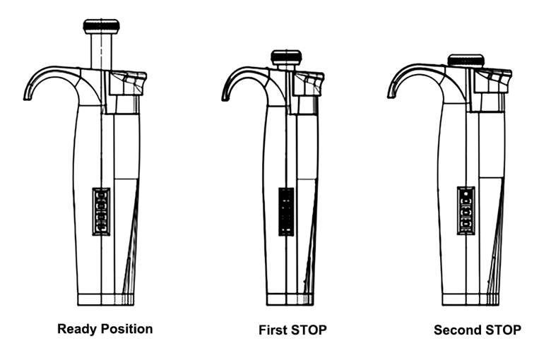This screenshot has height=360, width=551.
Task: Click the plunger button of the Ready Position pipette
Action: [x=101, y=26]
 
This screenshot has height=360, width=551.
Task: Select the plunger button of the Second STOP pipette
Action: [x=466, y=61]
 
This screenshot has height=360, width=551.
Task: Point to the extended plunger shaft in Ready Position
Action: [x=102, y=50]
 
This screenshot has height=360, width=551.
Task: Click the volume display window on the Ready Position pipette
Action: [x=101, y=211]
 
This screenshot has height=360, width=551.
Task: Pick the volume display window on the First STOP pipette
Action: [x=286, y=211]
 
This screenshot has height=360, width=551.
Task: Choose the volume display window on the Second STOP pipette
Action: [x=466, y=210]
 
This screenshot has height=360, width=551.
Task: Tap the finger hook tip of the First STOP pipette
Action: [x=225, y=96]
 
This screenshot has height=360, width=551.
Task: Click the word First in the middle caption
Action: [x=273, y=330]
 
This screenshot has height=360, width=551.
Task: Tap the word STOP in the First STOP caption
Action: [x=309, y=330]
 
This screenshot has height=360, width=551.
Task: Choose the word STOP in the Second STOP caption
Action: [x=503, y=330]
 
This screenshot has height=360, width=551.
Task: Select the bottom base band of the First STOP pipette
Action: [x=290, y=299]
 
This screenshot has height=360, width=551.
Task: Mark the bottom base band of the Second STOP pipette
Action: [x=470, y=299]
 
